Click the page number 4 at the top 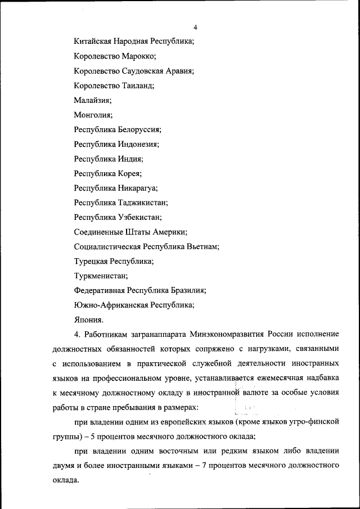[x=195, y=28]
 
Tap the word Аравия [x=179, y=71]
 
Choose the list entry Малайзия [x=93, y=100]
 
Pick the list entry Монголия [x=93, y=115]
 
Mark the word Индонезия [x=138, y=144]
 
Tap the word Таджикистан [x=143, y=202]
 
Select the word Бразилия [x=184, y=290]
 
